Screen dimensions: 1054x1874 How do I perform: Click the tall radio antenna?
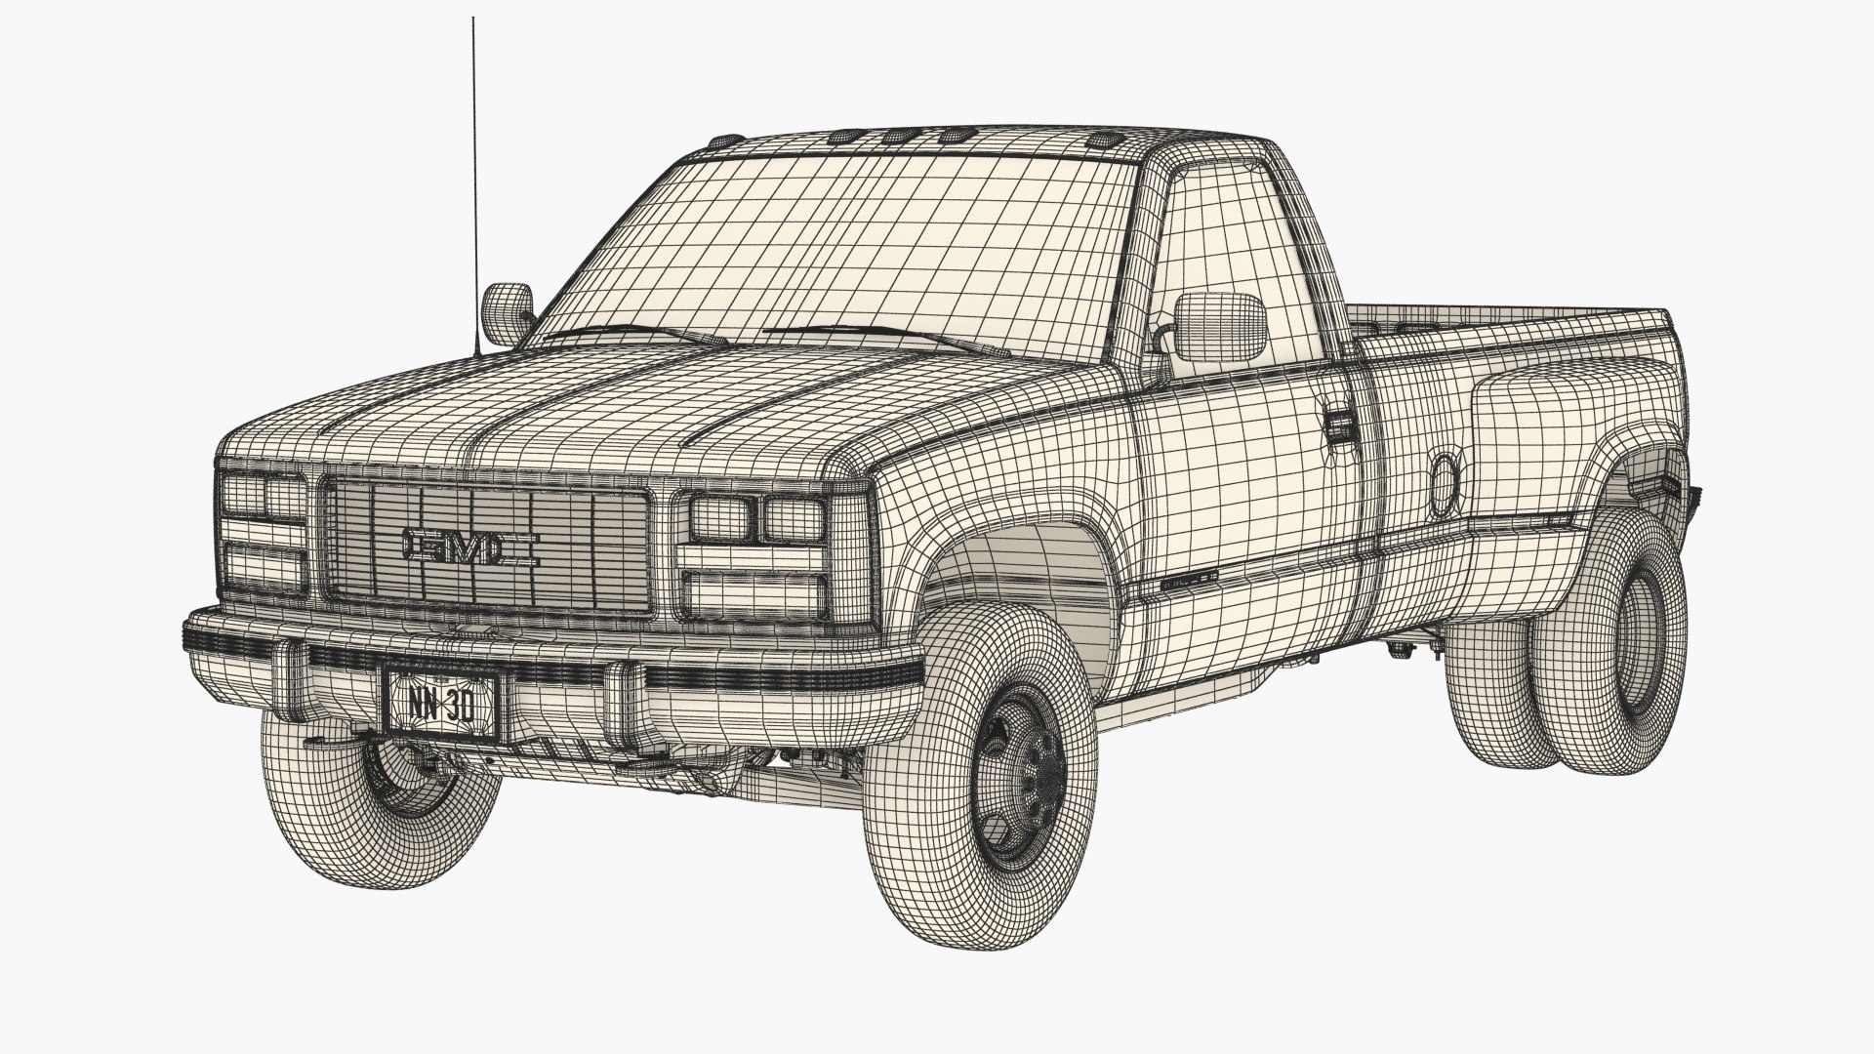tap(474, 176)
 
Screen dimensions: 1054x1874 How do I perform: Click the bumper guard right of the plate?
tap(622, 693)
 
